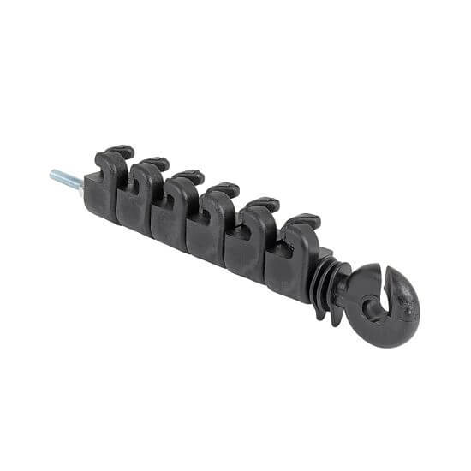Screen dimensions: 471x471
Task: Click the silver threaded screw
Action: (x=66, y=180)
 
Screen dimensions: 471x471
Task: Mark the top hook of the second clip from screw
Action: (x=155, y=163)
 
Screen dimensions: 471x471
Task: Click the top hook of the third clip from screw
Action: (x=188, y=177)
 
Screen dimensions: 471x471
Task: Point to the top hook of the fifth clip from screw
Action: (x=260, y=206)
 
